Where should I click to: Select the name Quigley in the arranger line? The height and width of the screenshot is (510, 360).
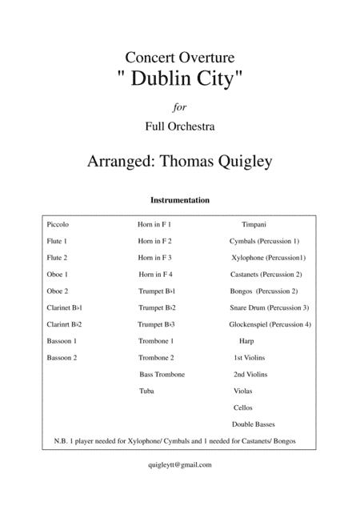(239, 160)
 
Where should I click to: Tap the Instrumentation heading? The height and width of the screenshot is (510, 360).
(180, 200)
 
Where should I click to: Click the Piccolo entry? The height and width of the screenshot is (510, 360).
(59, 226)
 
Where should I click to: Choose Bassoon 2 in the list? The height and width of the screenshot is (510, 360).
(63, 357)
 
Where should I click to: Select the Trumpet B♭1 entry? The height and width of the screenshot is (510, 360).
(157, 291)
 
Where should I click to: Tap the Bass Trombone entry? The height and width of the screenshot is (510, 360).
(162, 374)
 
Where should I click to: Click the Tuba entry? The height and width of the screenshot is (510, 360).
(146, 391)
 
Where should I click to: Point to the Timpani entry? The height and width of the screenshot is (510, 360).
(255, 226)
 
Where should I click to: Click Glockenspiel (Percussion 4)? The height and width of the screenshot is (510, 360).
(270, 324)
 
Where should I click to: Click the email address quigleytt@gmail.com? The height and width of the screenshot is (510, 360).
(179, 464)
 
